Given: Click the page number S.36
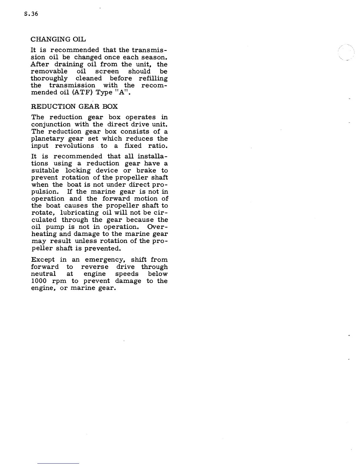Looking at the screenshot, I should point(31,14).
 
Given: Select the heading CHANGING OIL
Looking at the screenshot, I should point(58,39).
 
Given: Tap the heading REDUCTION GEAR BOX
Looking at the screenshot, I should point(74,106).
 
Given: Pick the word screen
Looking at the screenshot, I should point(107,71).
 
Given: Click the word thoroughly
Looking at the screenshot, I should point(49,79).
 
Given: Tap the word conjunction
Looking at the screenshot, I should point(51,125).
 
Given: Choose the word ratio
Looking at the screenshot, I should point(159,146).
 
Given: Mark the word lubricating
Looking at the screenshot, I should point(78,213).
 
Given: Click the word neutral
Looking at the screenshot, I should point(43,274).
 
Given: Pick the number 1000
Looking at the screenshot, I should point(39,281).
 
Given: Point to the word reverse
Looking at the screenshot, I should point(94,267).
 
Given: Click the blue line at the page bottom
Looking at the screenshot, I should point(58,463).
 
